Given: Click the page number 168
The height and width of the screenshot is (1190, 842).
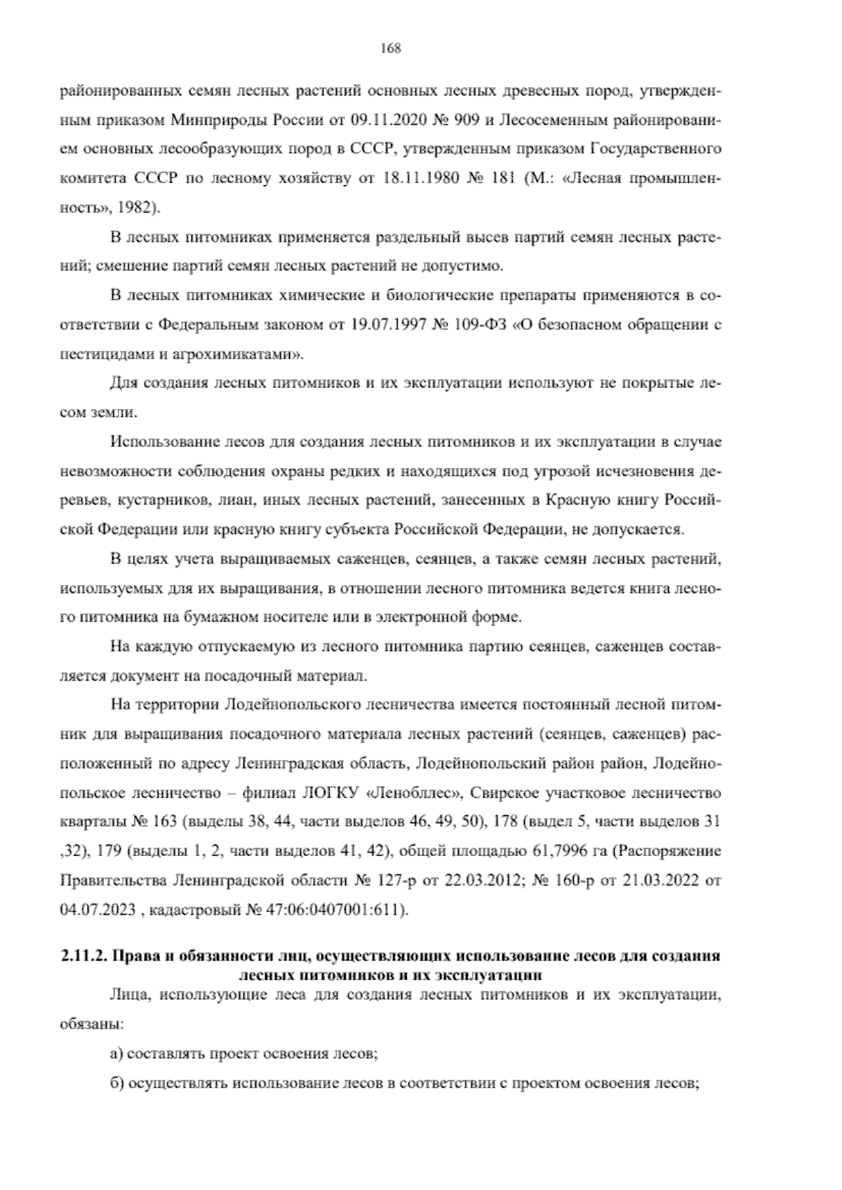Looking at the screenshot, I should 390,48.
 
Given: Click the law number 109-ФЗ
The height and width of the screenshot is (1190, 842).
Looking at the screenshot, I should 481,326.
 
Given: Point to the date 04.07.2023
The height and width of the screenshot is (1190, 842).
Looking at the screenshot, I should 92,911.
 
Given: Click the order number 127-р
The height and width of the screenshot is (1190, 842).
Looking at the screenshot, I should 399,881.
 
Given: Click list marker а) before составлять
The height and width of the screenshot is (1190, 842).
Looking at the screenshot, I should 117,1053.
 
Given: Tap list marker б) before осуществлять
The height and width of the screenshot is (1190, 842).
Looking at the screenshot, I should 117,1083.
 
